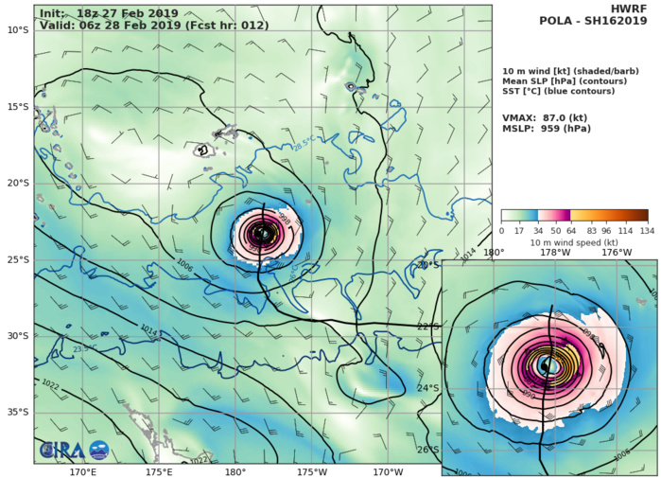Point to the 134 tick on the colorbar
tap(647, 231)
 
